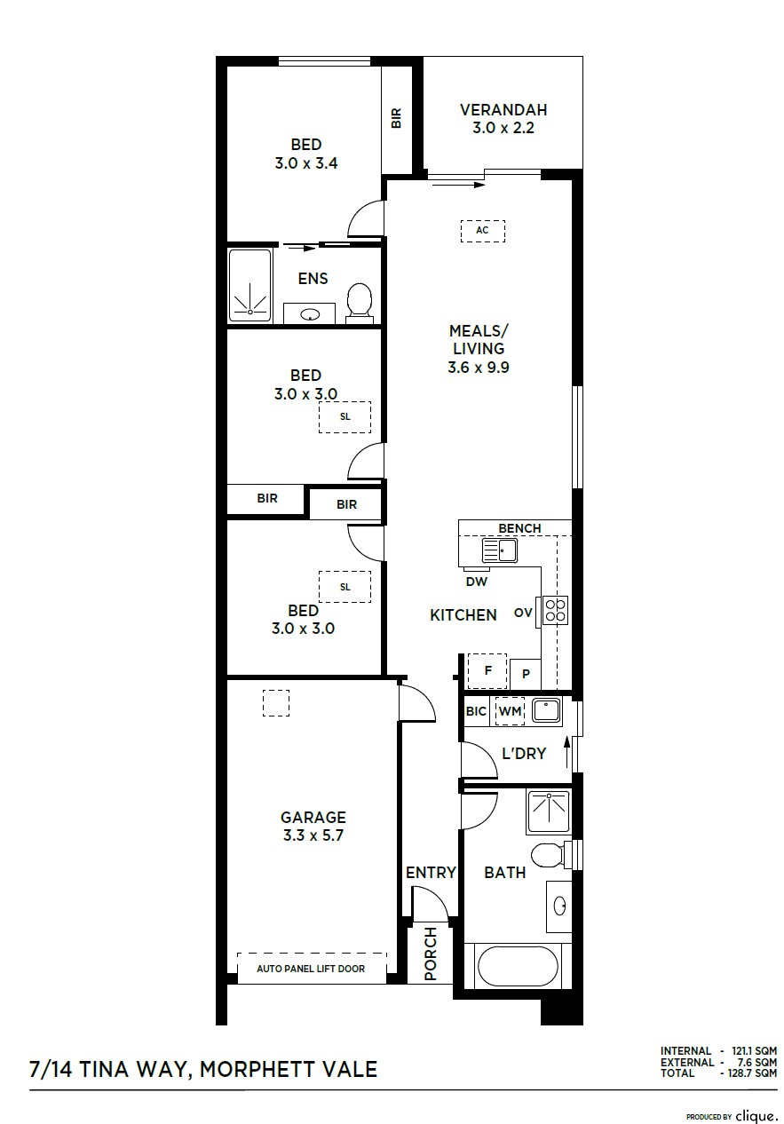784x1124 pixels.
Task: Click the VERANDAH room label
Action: [503, 110]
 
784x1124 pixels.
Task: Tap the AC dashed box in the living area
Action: [482, 231]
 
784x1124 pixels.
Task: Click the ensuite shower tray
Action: [250, 286]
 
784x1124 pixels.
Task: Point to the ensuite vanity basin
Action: [310, 315]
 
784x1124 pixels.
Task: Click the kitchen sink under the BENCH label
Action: [499, 550]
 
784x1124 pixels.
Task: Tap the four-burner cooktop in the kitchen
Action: [554, 611]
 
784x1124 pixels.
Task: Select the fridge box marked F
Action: [487, 671]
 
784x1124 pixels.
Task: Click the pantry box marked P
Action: [526, 674]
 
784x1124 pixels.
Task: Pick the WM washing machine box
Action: [510, 711]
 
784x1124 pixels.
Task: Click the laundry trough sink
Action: [547, 710]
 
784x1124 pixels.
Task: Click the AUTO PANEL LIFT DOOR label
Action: [311, 969]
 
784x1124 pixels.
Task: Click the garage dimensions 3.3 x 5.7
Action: [313, 835]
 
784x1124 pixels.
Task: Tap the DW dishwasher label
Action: [476, 582]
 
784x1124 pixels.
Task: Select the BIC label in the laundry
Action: [476, 711]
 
